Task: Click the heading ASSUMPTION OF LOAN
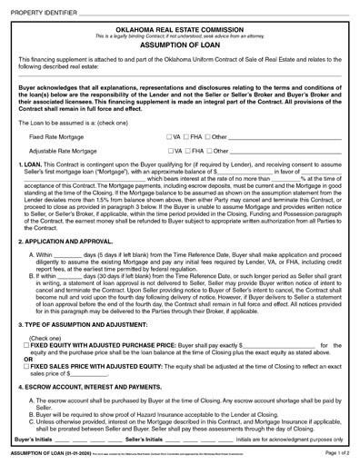[x=179, y=42]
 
